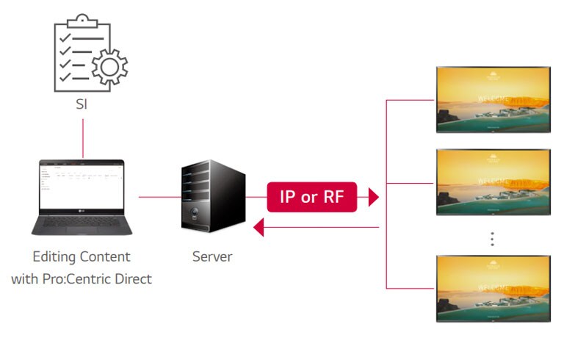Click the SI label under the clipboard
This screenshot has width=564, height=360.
(81, 104)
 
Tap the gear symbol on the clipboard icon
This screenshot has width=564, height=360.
(108, 67)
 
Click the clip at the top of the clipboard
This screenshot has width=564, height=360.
(82, 20)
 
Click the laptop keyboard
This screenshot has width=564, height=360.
(82, 222)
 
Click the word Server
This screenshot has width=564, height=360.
(212, 256)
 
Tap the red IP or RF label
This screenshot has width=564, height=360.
(311, 197)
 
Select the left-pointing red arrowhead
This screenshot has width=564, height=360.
(258, 228)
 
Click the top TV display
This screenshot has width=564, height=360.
(493, 100)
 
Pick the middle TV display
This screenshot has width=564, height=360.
(493, 181)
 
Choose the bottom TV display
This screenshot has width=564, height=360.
(493, 288)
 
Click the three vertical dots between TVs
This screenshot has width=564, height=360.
(493, 239)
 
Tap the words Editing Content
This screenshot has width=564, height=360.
(82, 256)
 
